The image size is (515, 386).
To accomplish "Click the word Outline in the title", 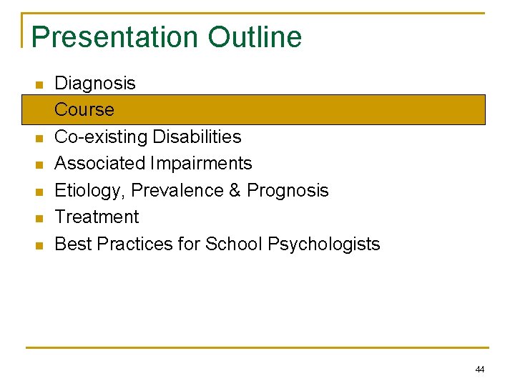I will click(x=255, y=37).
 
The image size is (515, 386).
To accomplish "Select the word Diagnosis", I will click(x=95, y=84).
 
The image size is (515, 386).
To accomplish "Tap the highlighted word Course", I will click(x=84, y=110).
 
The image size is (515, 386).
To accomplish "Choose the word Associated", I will click(x=100, y=164).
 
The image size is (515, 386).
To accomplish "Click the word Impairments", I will click(x=202, y=164).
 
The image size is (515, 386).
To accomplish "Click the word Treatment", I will click(x=97, y=217).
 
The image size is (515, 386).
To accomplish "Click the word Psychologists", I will click(x=324, y=244).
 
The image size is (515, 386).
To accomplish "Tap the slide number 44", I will click(x=479, y=370).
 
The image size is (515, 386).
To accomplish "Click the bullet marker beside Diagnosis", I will click(x=39, y=85).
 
